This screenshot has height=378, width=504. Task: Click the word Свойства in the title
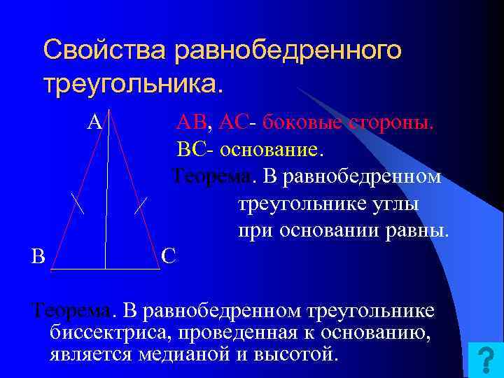click(105, 50)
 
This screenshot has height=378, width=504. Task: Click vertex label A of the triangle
click(94, 122)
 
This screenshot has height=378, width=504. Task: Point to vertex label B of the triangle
click(38, 256)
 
